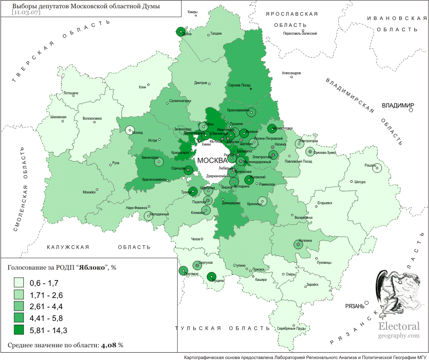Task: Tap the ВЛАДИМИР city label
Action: [x=397, y=106]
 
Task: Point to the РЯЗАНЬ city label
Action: [x=354, y=306]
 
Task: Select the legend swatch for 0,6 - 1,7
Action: [x=19, y=283]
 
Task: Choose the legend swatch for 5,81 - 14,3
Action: [x=19, y=331]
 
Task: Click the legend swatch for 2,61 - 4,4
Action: [x=19, y=307]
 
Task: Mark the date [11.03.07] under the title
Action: [x=26, y=12]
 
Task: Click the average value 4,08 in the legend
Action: [x=108, y=345]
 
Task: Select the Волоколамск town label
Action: [x=92, y=118]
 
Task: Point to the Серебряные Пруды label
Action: [x=292, y=328]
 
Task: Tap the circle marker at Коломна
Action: [x=298, y=244]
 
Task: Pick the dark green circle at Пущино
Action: [x=211, y=277]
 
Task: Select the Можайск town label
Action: [x=89, y=192]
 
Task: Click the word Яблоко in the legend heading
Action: [x=92, y=267]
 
